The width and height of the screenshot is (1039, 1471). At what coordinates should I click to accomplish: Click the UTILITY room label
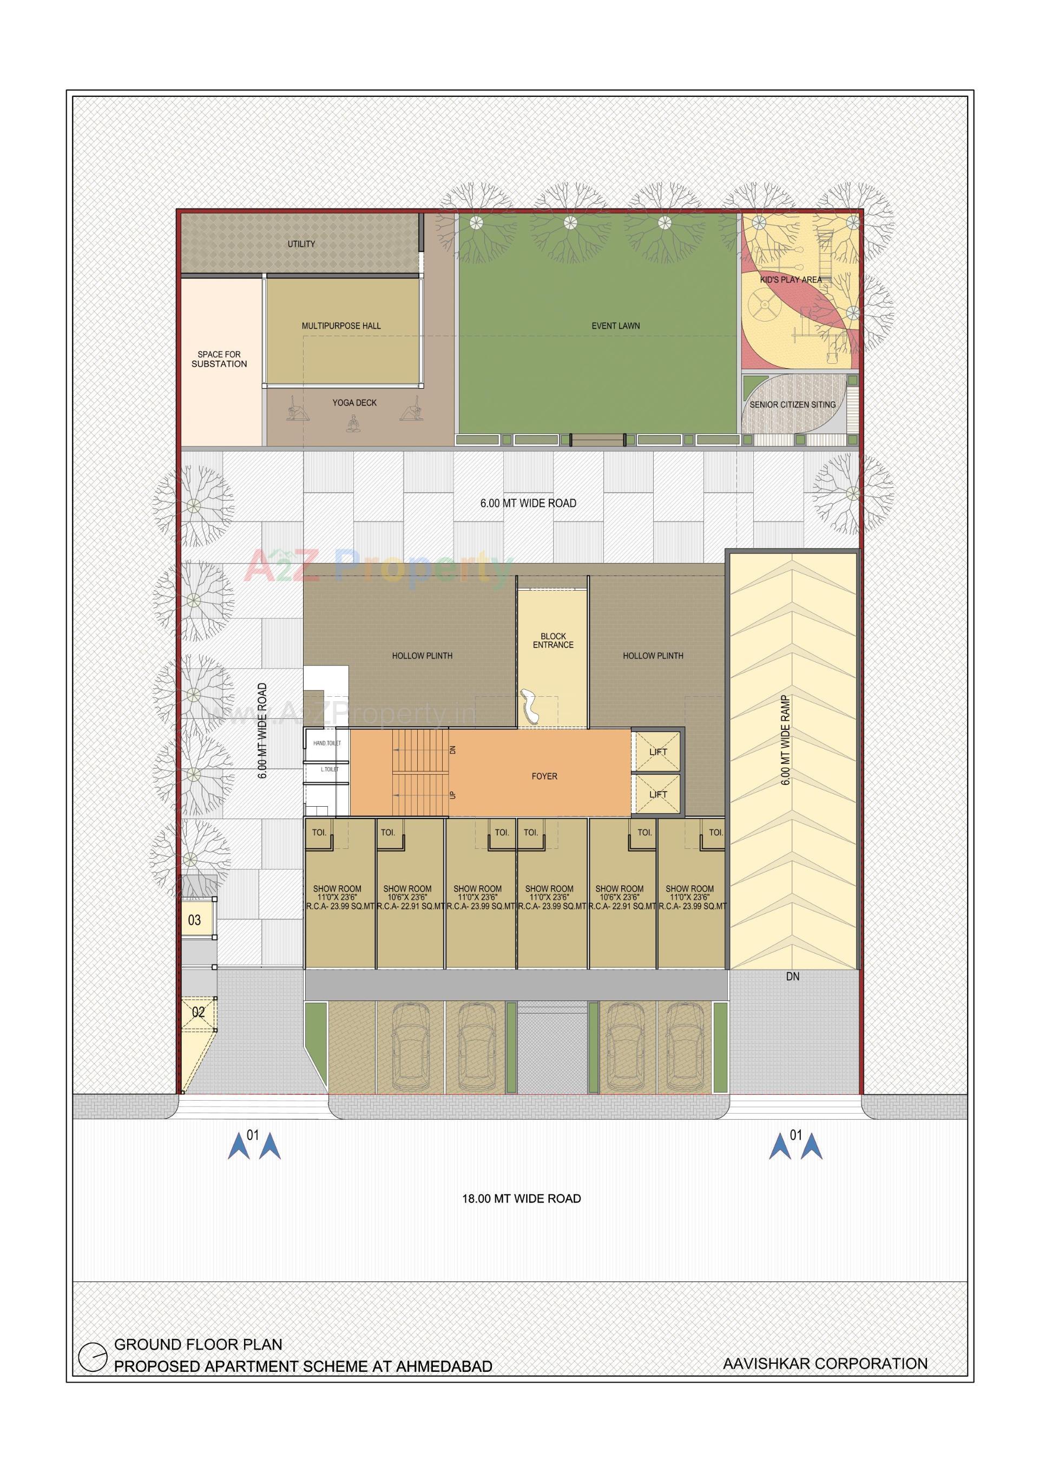click(x=301, y=244)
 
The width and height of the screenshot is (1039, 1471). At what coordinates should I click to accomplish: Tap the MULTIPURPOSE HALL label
click(x=341, y=326)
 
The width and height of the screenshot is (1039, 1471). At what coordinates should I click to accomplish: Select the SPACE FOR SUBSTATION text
click(x=219, y=359)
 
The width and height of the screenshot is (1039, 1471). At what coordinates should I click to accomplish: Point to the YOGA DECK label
click(x=354, y=403)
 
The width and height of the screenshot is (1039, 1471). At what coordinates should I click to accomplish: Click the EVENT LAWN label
click(x=615, y=326)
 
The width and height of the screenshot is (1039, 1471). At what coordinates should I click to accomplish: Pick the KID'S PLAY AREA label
click(x=791, y=280)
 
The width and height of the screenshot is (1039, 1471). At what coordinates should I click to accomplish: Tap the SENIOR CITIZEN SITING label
click(x=792, y=405)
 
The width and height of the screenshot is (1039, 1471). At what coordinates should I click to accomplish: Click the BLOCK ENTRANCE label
click(x=553, y=640)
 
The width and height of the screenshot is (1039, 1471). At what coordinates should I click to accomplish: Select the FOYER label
click(x=544, y=776)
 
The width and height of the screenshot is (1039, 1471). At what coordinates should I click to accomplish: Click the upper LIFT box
click(x=658, y=752)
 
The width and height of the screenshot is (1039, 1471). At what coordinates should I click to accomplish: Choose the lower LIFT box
click(x=658, y=794)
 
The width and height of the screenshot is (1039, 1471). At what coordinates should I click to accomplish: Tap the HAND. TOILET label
click(x=327, y=743)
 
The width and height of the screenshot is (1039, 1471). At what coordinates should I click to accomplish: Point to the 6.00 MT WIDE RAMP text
click(x=786, y=740)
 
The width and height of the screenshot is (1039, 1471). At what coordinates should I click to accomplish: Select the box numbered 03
click(x=195, y=920)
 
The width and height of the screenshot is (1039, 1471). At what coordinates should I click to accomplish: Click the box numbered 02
click(x=199, y=1012)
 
